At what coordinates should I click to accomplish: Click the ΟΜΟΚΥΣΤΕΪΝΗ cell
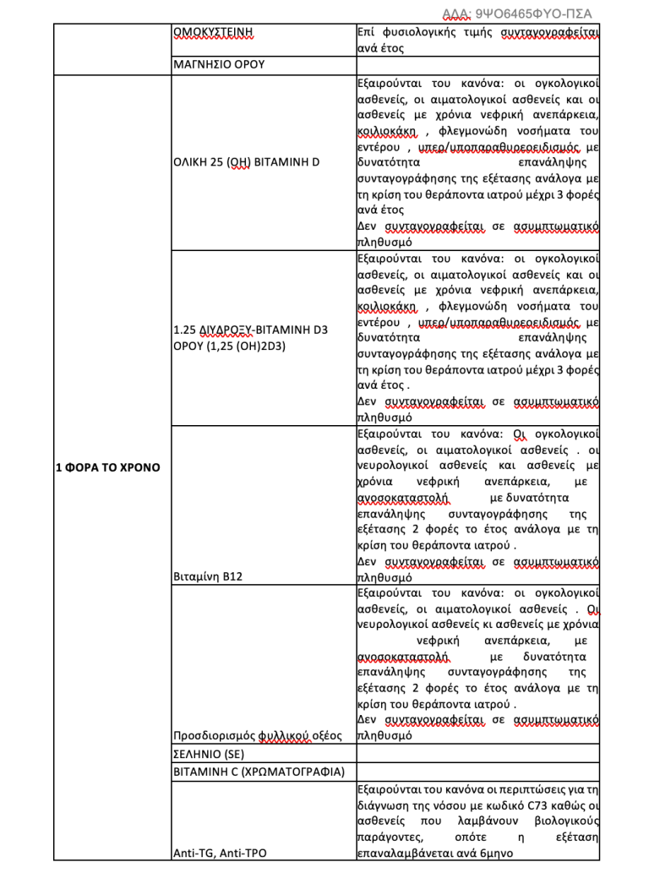(214, 34)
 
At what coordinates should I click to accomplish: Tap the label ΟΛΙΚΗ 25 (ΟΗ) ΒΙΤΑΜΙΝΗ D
(246, 161)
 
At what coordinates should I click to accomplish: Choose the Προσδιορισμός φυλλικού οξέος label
(257, 735)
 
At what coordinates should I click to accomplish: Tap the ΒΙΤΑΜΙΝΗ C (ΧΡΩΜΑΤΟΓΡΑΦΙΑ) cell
(259, 772)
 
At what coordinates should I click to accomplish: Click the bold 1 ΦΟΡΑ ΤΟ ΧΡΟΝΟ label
(107, 467)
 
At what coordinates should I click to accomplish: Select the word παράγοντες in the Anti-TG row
(389, 837)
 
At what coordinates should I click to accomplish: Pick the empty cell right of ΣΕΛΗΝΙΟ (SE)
(477, 753)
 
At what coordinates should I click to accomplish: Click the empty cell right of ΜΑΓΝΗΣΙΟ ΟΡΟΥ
(477, 63)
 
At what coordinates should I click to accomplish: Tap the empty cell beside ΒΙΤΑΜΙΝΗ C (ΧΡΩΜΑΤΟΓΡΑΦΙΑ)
(477, 772)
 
